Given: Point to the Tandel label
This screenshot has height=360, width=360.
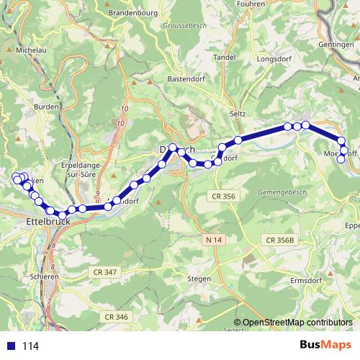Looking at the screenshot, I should pyautogui.click(x=225, y=56).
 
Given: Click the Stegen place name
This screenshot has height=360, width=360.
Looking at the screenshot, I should pyautogui.click(x=199, y=278).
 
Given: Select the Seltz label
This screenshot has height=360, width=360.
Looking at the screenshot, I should pyautogui.click(x=238, y=114).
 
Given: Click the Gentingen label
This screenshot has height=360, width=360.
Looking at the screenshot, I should pyautogui.click(x=336, y=45).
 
